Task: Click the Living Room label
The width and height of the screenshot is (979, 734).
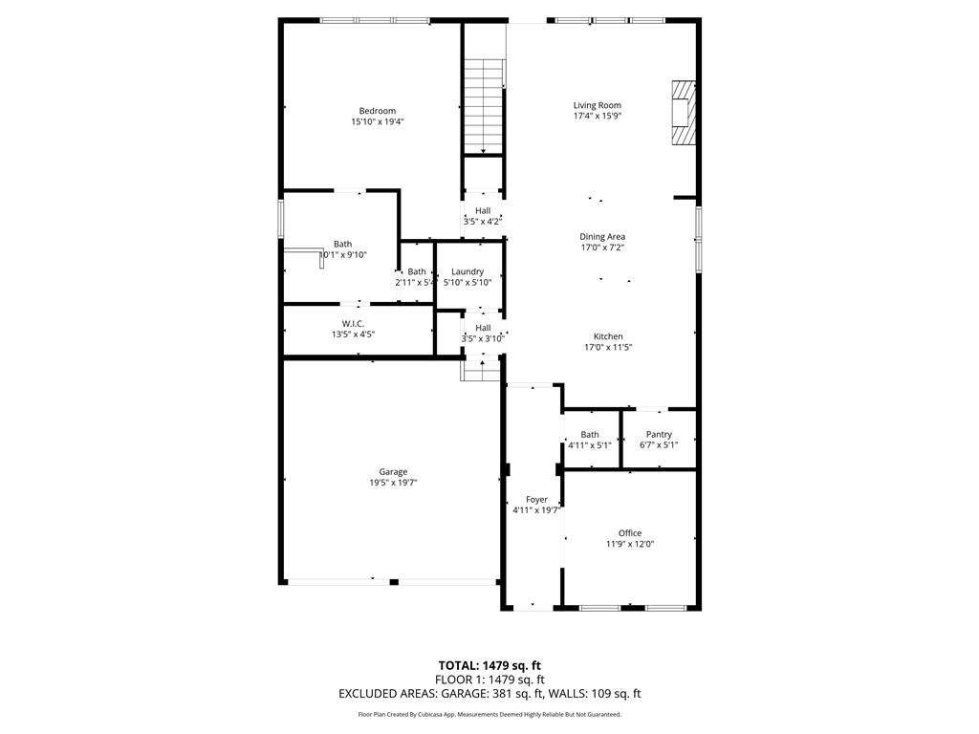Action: [x=597, y=105]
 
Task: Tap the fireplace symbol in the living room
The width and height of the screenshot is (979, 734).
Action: [x=682, y=112]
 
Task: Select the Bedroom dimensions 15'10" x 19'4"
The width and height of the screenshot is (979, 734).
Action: [x=378, y=122]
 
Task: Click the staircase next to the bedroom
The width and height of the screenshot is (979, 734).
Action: [x=484, y=105]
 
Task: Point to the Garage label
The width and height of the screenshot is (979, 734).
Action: [x=393, y=471]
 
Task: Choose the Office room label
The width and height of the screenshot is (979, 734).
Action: [x=629, y=533]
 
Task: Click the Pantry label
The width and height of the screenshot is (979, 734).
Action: [x=659, y=434]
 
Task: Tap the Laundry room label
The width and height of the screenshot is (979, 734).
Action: [x=468, y=271]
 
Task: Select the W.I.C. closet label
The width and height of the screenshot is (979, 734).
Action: [x=353, y=323]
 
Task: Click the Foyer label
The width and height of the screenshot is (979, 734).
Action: [x=536, y=499]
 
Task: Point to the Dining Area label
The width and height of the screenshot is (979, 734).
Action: [x=602, y=236]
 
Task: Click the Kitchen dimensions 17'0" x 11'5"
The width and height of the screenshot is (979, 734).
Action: [x=608, y=347]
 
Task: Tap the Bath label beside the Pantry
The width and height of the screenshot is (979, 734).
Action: [x=590, y=434]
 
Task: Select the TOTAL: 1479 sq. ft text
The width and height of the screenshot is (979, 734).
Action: [x=489, y=665]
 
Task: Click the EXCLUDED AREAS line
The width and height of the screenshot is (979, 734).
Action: [x=489, y=694]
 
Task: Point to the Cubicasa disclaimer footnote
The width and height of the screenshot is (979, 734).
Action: [x=489, y=714]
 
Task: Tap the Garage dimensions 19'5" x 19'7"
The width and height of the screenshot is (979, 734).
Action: [x=393, y=483]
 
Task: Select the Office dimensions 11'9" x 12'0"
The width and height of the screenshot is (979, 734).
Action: [x=629, y=544]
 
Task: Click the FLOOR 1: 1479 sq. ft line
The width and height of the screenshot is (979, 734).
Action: [x=489, y=680]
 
